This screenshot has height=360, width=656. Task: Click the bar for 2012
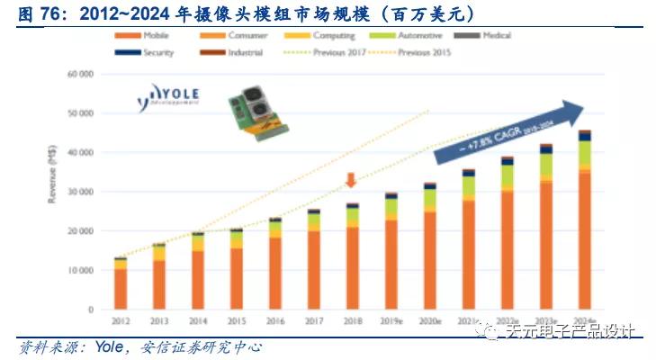(x=121, y=283)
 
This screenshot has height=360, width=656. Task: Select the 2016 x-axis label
(x=275, y=320)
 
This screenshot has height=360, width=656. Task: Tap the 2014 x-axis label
(x=198, y=320)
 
